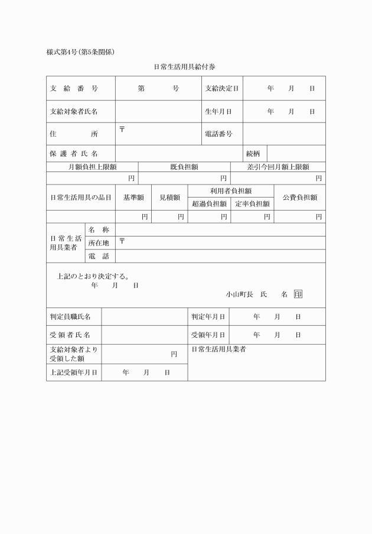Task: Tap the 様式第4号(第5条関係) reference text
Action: coord(80,51)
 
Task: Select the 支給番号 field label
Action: coord(74,88)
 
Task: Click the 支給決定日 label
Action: coord(221,88)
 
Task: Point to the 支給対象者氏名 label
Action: coord(74,111)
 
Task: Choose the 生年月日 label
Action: coord(218,111)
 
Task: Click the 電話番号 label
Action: coord(218,134)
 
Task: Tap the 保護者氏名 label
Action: coord(74,154)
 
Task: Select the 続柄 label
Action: coord(253,154)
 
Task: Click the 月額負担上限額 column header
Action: coord(92,167)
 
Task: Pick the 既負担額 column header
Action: coord(184,167)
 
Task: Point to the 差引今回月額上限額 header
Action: coord(278,167)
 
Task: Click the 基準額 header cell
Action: coord(133,198)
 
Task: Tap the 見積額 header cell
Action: coord(169,198)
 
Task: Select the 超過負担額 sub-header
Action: coord(209,203)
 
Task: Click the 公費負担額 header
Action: coord(299,198)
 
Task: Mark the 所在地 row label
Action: coord(99,242)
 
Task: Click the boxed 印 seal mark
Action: coord(298,294)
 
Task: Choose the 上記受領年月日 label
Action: coord(74,373)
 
